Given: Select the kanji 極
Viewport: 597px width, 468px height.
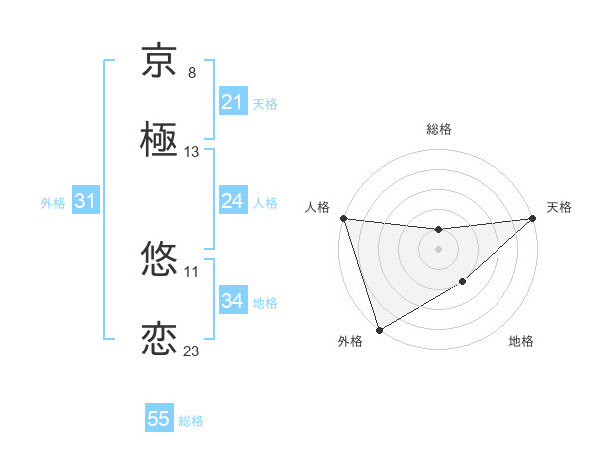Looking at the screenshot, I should (159, 139).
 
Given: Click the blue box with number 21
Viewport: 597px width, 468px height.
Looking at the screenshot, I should (232, 102).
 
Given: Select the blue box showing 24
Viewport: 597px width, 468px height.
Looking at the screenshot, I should (232, 201).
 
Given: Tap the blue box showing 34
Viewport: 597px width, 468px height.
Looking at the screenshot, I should (232, 301).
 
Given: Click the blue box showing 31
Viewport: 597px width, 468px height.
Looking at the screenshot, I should (86, 201).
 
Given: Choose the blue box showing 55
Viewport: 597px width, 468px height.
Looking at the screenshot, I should (159, 419).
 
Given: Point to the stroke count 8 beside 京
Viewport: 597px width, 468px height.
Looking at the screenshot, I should (192, 73).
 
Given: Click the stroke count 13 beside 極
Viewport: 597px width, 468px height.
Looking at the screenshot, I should (192, 152).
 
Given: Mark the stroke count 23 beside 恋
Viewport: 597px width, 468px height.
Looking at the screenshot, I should (192, 351).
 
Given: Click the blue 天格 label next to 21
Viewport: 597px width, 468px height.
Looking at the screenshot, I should (265, 103).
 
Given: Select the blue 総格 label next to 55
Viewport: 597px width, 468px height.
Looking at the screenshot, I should (191, 420).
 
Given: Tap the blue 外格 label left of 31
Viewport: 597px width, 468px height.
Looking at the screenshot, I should (53, 202).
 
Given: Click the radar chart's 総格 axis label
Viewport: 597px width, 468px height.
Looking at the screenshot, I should (439, 129).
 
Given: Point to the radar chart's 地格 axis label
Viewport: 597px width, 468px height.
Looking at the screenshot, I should (521, 342).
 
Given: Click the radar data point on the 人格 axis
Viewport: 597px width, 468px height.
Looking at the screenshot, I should (343, 218).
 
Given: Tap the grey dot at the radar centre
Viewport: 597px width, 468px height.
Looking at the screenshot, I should (439, 248).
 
